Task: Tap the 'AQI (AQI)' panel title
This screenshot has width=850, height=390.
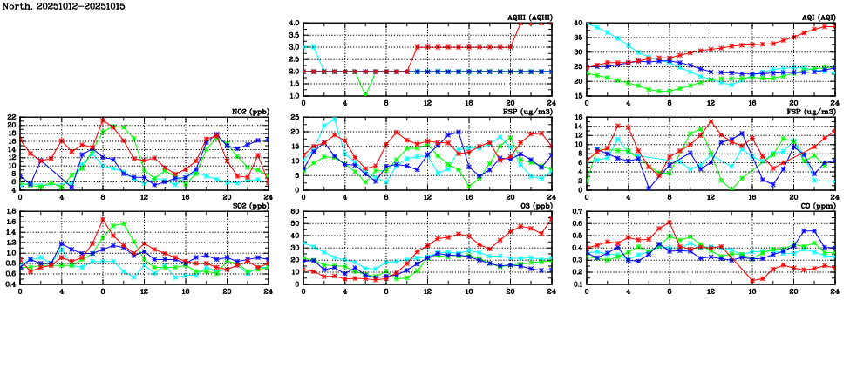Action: pos(817,17)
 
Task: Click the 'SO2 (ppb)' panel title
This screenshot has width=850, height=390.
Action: pos(249,206)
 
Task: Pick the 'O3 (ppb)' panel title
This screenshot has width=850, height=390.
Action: pos(534,206)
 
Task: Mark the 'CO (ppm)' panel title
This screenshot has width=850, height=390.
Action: pos(817,206)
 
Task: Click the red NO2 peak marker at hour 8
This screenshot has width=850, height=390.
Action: pos(103,120)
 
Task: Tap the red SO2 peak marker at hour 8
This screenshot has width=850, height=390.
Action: pos(103,219)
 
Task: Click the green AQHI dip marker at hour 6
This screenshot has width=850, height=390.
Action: pos(365,95)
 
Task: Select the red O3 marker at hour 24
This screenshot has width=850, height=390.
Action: pos(551,218)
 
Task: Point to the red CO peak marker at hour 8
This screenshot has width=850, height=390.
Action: pos(670,222)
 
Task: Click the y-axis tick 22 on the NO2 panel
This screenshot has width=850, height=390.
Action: pos(10,117)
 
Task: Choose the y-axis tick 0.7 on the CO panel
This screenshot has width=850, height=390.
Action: pos(577,211)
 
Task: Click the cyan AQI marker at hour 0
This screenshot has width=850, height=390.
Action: pos(587,24)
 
